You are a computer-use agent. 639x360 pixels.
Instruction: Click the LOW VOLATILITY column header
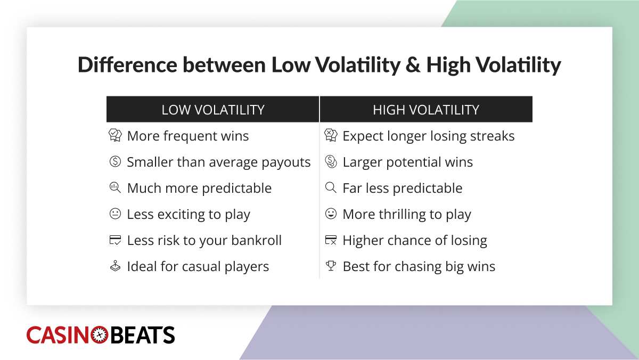(213, 110)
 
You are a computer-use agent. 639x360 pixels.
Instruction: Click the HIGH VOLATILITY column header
(426, 110)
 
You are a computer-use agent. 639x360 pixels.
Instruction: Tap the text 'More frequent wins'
(187, 136)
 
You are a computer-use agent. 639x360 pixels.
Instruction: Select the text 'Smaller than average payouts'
(218, 162)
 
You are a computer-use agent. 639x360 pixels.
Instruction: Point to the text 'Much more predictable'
(199, 189)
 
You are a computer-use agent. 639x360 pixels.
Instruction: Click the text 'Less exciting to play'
(189, 215)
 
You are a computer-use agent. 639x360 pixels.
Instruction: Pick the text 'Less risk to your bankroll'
(204, 241)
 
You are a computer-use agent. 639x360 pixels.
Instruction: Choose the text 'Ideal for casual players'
(198, 267)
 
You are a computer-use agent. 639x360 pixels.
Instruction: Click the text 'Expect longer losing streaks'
(428, 136)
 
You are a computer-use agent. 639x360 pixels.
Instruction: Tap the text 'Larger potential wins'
(407, 162)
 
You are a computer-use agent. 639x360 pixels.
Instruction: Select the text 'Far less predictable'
(402, 189)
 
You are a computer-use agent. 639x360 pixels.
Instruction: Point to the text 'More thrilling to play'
(407, 215)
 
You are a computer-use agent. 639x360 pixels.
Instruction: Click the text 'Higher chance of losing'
(414, 241)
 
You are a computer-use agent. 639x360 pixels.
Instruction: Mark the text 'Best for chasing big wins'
(419, 267)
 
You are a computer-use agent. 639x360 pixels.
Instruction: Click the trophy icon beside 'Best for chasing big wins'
(331, 266)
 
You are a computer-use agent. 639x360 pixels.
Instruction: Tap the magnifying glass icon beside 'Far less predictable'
(331, 188)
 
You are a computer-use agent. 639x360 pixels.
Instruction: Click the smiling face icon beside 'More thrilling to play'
(331, 214)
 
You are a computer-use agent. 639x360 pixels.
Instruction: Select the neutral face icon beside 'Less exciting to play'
(115, 214)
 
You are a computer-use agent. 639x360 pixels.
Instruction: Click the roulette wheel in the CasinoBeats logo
(100, 335)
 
